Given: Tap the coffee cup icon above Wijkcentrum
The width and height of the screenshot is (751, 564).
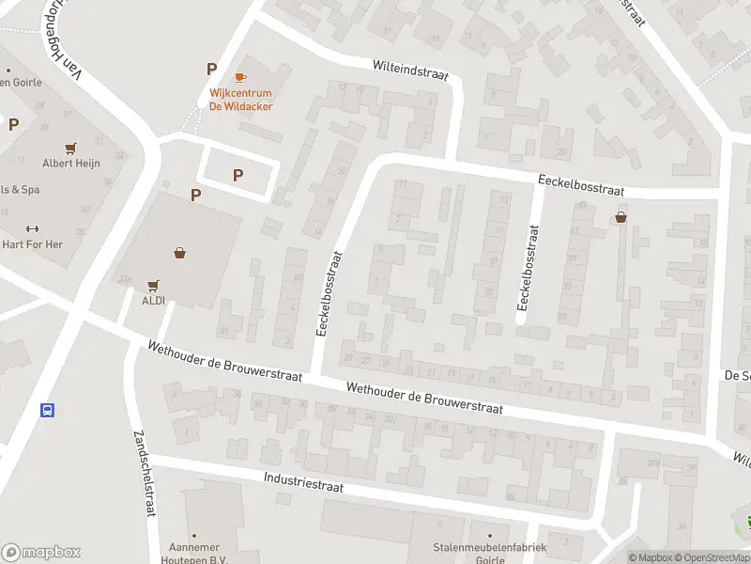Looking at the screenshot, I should point(240,76).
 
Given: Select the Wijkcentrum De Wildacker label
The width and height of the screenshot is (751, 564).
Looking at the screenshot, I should point(240,101).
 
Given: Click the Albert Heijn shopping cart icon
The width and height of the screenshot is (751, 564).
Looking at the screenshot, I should point(70,148).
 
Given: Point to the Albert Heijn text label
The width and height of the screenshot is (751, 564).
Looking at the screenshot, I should point(71,164).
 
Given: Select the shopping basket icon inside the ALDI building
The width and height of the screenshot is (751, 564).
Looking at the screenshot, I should point(179,253).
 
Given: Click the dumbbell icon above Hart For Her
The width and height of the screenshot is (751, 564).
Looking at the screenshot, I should point(31,227).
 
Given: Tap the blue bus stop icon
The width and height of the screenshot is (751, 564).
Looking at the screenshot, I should point(47,410).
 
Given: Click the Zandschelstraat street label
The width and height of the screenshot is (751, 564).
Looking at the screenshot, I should point(144,473).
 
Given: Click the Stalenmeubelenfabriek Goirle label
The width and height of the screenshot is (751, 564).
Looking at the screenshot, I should point(478,553).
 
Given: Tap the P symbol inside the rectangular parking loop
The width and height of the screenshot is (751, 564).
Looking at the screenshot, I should point(238,174).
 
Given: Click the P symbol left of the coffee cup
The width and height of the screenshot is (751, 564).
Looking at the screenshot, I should point(212,69).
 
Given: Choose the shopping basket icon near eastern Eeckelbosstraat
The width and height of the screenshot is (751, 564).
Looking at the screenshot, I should point(621,217).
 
